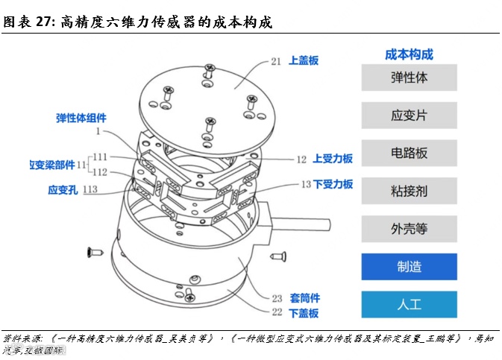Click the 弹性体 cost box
tap(409, 78)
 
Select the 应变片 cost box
tap(409, 116)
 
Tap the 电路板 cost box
tap(409, 153)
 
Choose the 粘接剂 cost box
tap(409, 191)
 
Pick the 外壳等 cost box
tap(409, 229)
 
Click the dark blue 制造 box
tap(409, 267)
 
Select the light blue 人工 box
tap(409, 304)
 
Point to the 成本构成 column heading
tap(409, 54)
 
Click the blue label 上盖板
tap(304, 61)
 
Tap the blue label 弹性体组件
tap(81, 118)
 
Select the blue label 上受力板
tap(333, 159)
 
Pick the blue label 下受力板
tap(333, 183)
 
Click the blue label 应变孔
tap(62, 189)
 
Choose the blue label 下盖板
tap(304, 313)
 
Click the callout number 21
tap(276, 62)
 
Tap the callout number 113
tap(91, 189)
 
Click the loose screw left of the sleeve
tap(94, 250)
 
